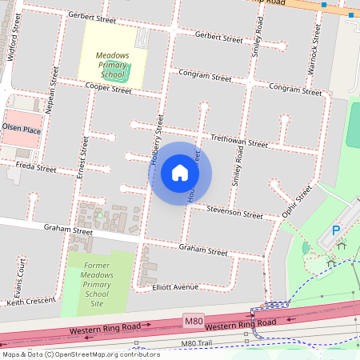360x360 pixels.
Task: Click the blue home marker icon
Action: (180, 173)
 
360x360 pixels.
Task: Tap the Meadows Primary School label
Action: (112, 63)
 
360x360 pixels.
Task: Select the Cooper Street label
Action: (108, 89)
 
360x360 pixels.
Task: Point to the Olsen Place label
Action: (21, 128)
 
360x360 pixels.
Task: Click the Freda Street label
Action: (37, 169)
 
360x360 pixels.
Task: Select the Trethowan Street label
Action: (238, 142)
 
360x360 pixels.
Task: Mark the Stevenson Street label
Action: (234, 213)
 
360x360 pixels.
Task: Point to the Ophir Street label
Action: (296, 203)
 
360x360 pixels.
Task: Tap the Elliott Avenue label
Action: (174, 286)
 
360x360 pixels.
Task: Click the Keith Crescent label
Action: (33, 302)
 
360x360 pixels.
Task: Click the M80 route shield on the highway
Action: (194, 321)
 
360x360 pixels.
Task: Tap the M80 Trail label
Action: (199, 343)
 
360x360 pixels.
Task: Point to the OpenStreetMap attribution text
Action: (80, 354)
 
